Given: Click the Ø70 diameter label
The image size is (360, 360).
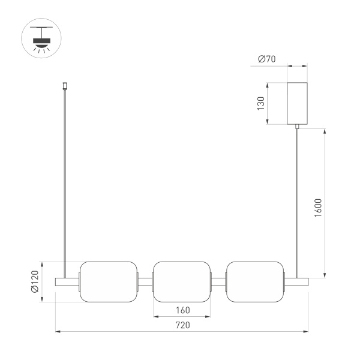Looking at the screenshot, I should [x=266, y=59].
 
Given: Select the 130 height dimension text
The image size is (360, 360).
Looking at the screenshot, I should [x=261, y=103].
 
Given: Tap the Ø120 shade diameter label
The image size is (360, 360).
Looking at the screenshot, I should [x=35, y=281].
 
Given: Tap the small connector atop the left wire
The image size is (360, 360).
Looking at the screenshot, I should [x=65, y=86].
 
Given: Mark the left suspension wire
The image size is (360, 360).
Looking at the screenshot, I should [x=65, y=180].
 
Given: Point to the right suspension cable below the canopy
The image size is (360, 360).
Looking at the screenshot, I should [x=298, y=198].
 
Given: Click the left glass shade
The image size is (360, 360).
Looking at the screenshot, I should [x=109, y=281].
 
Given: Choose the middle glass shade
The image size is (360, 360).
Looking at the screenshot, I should [x=182, y=281].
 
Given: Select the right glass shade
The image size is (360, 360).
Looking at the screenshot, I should [x=255, y=281].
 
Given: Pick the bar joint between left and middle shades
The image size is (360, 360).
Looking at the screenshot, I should [x=146, y=281].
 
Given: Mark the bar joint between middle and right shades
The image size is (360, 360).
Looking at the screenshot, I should [x=218, y=281].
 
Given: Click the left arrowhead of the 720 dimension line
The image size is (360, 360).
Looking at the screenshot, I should [x=58, y=331].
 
